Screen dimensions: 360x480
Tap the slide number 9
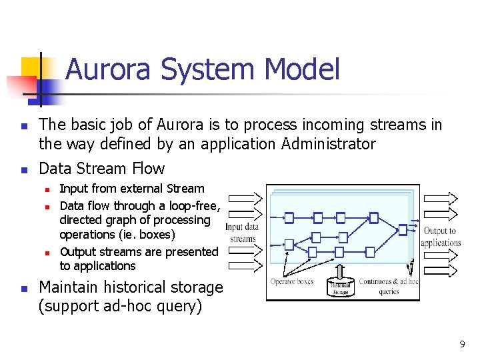point(462,344)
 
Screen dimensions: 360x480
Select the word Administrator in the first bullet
point(329,144)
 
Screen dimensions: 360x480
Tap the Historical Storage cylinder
point(341,286)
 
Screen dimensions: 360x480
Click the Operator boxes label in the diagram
point(292,281)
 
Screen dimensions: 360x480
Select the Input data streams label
point(243,233)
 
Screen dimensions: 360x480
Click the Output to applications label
point(441,237)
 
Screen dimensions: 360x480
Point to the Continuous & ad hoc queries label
point(388,286)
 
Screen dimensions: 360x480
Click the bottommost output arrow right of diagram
point(439,265)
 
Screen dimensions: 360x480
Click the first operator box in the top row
point(289,217)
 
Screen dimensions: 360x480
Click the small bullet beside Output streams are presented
point(48,253)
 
